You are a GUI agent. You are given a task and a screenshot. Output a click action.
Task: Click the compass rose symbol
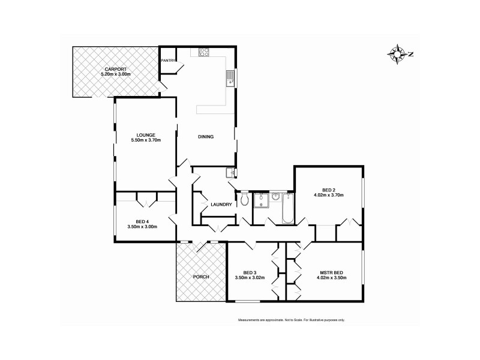398,54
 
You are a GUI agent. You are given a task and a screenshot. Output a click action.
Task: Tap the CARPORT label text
114,70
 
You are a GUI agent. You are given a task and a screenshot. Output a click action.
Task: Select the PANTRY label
167,61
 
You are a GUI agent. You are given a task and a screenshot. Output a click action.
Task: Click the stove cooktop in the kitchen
203,52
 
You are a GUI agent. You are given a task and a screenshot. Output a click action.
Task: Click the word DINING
206,137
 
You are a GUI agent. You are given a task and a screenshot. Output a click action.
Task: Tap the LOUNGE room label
146,134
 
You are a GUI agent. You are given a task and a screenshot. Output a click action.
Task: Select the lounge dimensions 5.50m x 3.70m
146,140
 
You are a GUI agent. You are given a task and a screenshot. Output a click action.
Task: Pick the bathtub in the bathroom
286,208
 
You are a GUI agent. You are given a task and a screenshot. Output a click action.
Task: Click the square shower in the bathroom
261,200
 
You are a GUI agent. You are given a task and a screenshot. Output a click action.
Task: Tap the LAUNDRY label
221,205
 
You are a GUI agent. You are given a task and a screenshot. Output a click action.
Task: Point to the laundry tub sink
231,173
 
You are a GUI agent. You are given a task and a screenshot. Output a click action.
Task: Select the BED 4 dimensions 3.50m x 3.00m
142,227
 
